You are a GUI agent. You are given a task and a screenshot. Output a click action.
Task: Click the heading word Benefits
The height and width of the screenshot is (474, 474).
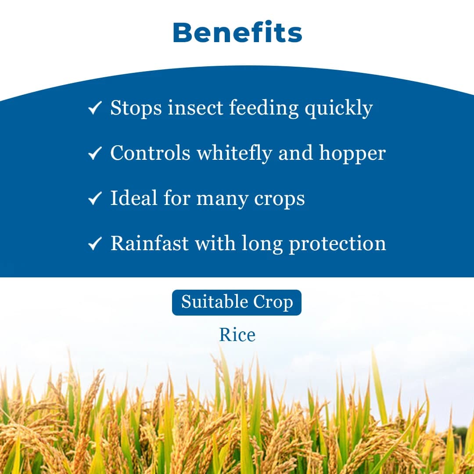click(237, 33)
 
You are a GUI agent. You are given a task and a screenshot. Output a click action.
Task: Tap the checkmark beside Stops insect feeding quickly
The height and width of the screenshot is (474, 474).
click(95, 108)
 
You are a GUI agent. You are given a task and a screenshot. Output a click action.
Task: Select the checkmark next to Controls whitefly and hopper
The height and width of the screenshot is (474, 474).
click(95, 153)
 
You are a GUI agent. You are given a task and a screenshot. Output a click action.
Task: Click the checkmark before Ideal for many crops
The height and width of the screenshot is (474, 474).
click(95, 198)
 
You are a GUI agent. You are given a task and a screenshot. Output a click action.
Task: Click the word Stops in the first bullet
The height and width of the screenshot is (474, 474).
click(136, 108)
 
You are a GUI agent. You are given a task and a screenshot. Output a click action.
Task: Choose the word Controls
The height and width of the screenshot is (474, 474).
click(150, 153)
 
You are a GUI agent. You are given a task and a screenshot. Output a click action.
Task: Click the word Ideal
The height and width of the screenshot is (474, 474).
click(133, 198)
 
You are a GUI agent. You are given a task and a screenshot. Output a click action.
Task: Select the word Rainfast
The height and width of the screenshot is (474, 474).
click(149, 243)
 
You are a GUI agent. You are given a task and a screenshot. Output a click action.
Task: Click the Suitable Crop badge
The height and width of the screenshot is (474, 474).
click(237, 302)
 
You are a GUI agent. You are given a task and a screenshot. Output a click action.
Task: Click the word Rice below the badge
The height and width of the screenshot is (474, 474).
click(237, 335)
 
